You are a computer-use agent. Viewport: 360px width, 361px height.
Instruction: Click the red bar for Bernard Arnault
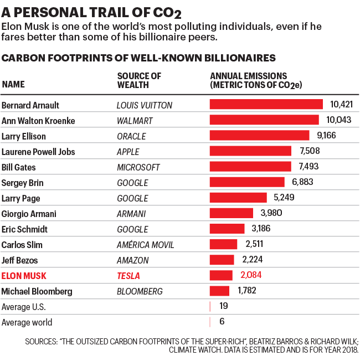266,105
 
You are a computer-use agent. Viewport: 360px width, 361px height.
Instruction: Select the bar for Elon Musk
221,275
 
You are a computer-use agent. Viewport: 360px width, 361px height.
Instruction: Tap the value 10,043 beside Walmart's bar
339,120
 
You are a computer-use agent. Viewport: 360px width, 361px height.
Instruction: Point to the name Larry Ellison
24,136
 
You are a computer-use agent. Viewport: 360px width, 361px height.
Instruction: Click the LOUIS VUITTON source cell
145,105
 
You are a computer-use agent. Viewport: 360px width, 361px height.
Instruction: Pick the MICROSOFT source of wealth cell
138,167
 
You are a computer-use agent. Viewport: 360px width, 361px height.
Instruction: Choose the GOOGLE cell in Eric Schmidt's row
132,229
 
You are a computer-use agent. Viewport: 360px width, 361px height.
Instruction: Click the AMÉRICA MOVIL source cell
145,245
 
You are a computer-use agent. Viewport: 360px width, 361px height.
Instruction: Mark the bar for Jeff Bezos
222,260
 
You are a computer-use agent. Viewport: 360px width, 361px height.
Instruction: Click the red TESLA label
128,276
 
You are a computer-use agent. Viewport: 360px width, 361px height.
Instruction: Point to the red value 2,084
251,275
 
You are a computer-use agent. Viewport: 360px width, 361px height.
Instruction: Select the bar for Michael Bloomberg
219,291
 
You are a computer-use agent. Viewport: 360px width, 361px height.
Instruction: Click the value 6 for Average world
222,322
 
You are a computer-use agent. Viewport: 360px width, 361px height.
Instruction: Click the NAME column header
13,85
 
